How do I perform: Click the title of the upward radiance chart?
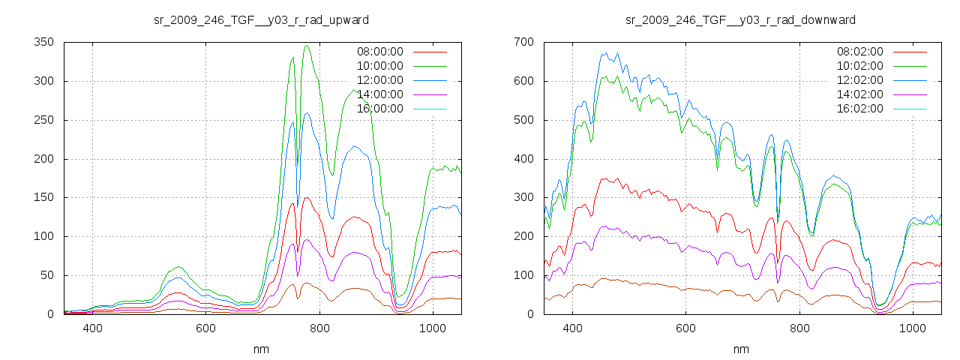click(x=261, y=19)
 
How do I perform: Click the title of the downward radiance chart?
click(x=741, y=19)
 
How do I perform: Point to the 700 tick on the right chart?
click(x=523, y=42)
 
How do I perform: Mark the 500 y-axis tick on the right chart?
click(x=523, y=120)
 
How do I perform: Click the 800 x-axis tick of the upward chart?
click(x=320, y=328)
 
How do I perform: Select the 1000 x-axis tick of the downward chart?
click(x=913, y=328)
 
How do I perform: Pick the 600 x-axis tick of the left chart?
click(x=206, y=328)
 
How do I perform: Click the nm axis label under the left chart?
click(x=261, y=349)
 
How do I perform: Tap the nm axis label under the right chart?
click(x=741, y=349)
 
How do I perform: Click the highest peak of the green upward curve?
click(x=306, y=46)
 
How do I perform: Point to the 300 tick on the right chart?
click(x=523, y=197)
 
